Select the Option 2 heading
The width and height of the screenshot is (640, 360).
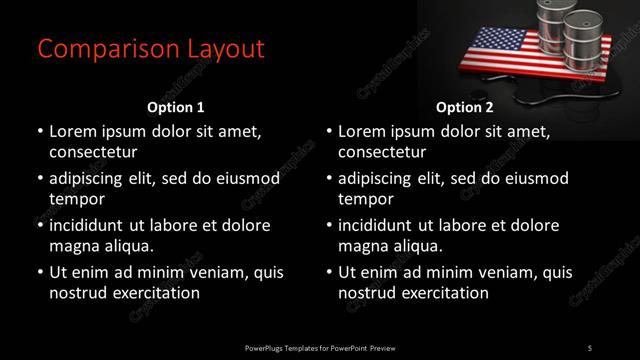(464, 107)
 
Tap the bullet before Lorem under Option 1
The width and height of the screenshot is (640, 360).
(39, 132)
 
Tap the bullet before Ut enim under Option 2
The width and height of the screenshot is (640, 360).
(329, 271)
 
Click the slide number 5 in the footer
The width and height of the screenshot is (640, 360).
(589, 347)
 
